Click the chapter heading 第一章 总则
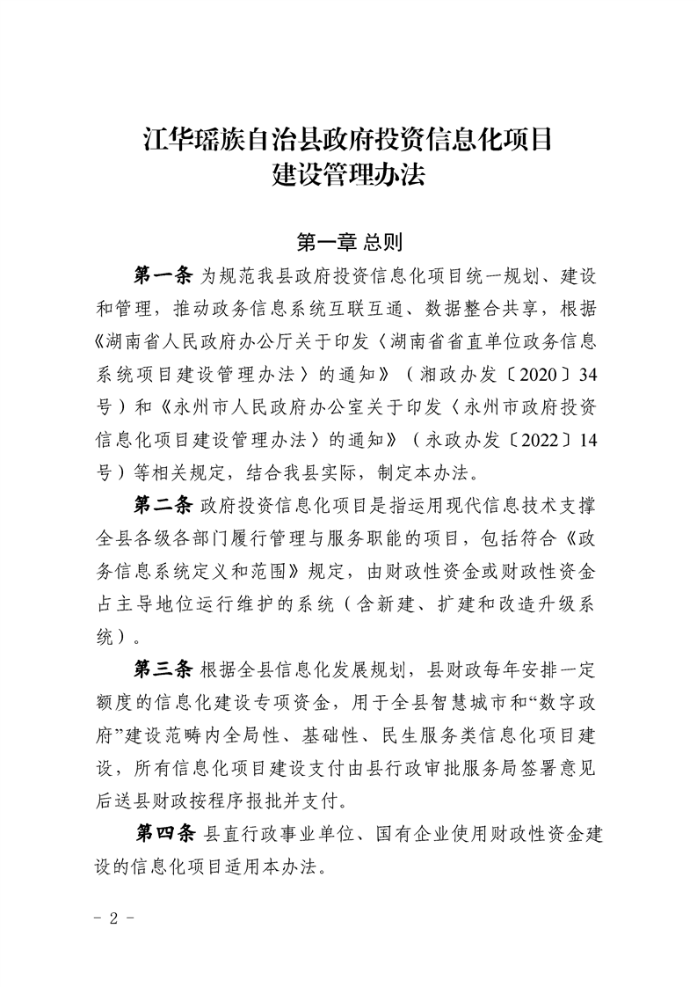pos(350,241)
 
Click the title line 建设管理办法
pos(349,176)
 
